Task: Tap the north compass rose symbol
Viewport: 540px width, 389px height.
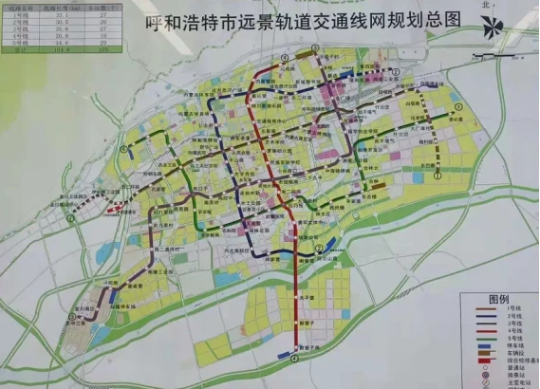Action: click(492, 26)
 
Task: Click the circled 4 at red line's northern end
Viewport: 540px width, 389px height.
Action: click(285, 59)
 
